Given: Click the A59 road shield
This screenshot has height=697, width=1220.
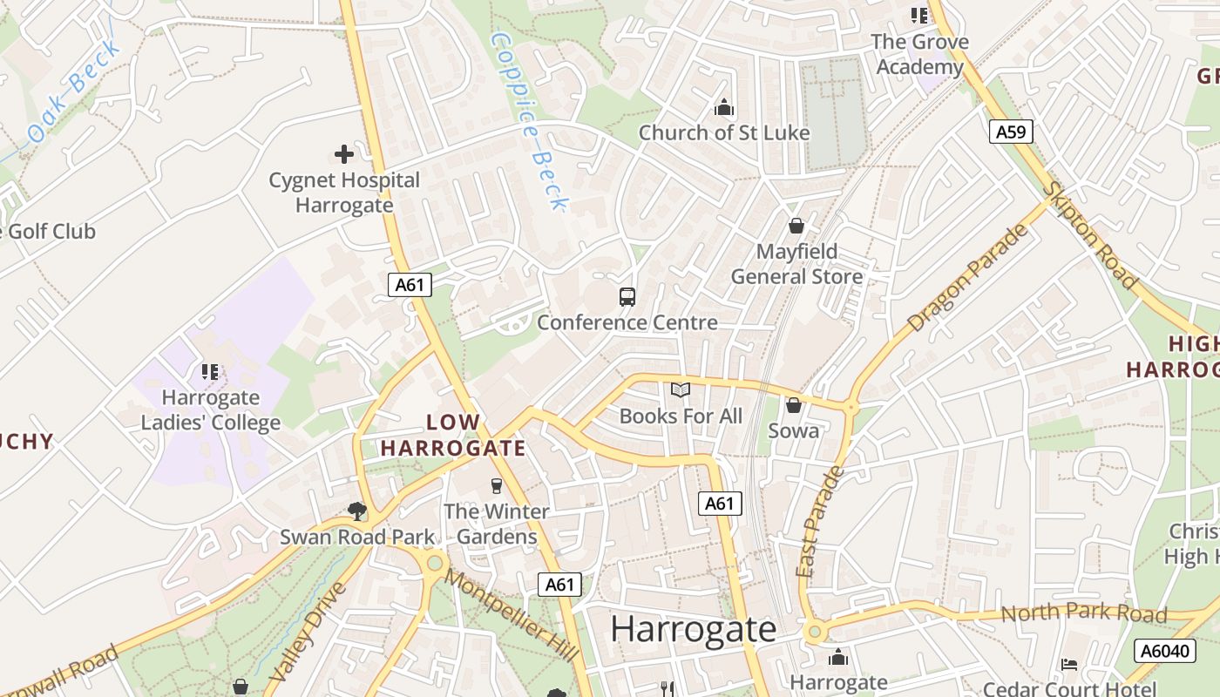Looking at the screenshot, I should coord(1011,132).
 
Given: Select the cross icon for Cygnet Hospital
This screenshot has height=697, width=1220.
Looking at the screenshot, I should coord(344,155).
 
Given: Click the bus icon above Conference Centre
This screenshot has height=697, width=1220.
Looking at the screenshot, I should coord(627,296).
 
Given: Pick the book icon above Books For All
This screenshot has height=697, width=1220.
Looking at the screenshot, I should coord(681,390).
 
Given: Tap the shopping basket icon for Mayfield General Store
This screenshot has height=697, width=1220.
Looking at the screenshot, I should coord(796,227).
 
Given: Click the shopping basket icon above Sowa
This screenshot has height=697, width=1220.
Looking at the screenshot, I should coord(793,405).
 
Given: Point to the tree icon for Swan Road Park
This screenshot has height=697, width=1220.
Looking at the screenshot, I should coord(356,511).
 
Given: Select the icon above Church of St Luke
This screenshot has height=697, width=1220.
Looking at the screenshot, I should coord(723,108).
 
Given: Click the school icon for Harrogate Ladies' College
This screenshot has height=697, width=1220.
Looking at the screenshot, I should coord(210,372).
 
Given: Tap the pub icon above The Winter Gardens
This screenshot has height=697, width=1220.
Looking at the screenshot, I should coord(497,485).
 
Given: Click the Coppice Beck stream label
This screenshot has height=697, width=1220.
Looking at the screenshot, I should coord(529,122).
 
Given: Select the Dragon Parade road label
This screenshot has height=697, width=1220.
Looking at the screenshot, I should coord(967,278).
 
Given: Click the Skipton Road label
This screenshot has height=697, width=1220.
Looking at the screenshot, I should coord(1091,235).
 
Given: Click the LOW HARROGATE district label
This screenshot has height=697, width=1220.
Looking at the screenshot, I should coord(453,436).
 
